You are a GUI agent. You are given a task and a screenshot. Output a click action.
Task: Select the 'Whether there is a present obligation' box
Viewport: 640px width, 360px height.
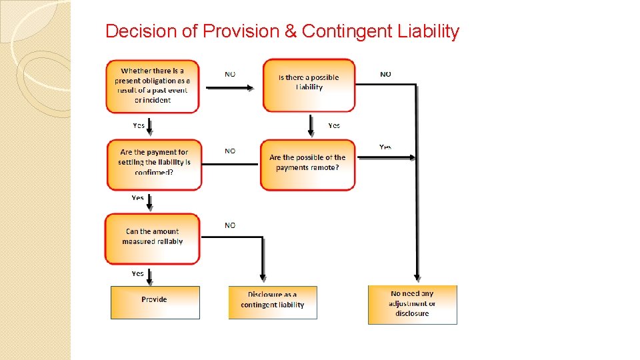click(152, 85)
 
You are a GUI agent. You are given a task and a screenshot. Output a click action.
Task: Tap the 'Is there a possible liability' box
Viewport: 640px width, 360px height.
click(309, 85)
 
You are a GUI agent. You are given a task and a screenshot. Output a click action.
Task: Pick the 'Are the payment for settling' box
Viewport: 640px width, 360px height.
click(153, 163)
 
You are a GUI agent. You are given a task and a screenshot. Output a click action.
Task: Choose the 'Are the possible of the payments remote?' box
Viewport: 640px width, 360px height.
click(307, 164)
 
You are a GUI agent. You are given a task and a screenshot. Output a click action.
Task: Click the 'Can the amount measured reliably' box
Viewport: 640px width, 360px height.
click(152, 238)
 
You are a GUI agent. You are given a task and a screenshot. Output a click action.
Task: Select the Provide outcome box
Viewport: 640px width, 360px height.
click(155, 302)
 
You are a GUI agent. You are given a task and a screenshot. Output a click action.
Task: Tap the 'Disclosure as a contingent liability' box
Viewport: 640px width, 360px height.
click(273, 302)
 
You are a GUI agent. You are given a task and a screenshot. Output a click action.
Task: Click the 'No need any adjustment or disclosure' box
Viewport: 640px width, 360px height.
click(412, 305)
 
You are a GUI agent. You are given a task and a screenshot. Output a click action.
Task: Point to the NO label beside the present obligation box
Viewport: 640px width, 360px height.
click(230, 74)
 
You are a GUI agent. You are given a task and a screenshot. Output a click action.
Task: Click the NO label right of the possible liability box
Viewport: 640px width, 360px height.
click(385, 74)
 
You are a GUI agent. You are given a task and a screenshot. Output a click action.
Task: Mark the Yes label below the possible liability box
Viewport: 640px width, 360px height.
click(334, 125)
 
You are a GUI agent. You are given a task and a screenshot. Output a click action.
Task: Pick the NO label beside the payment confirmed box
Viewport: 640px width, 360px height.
click(230, 151)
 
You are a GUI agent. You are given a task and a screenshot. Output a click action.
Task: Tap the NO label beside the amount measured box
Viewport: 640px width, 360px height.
click(230, 225)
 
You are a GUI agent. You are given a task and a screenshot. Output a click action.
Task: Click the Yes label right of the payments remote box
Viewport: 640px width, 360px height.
click(385, 147)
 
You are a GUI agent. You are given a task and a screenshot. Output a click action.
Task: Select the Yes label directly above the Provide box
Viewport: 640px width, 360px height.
click(137, 273)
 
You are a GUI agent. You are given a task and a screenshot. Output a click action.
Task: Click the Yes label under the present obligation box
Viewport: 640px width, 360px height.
click(139, 125)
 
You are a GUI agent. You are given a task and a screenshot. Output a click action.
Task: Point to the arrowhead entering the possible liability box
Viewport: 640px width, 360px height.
click(251, 87)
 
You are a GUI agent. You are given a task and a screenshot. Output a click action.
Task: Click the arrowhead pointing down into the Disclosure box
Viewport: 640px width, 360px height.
click(263, 277)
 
